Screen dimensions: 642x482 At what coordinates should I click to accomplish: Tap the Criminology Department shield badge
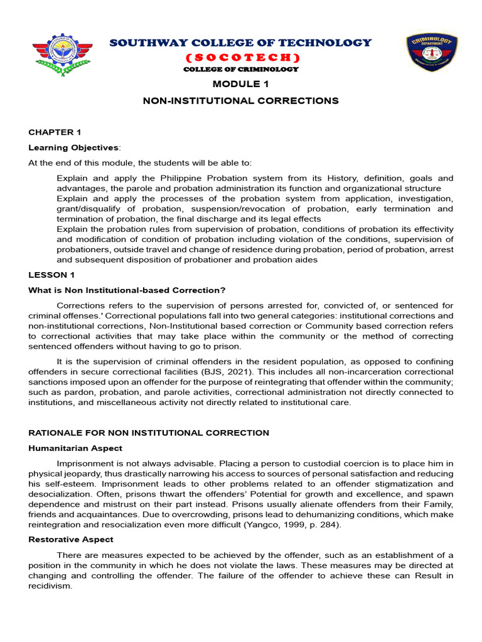point(431,53)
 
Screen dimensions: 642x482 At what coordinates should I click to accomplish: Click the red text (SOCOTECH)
point(241,58)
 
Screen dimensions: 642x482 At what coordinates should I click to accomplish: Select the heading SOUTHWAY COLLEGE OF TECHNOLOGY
point(241,43)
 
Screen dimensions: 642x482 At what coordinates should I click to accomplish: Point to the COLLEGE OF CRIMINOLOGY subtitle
point(241,69)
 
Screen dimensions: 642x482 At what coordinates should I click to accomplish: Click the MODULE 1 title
point(241,84)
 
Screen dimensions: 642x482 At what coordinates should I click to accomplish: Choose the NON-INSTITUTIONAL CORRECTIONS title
point(241,100)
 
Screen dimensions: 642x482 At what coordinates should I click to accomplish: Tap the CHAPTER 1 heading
point(55,132)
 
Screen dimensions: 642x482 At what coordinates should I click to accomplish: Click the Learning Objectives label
point(73,147)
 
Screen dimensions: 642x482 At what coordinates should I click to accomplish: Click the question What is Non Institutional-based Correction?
point(127,290)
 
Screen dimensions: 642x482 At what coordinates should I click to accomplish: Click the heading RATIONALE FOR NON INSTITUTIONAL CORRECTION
point(149,433)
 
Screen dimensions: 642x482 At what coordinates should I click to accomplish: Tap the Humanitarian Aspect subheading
point(75,448)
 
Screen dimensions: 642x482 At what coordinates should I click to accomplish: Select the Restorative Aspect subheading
point(72,539)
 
